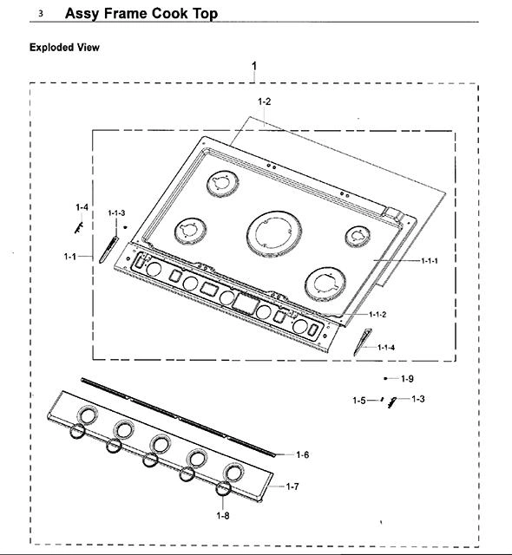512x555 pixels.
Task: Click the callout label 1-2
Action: (264, 101)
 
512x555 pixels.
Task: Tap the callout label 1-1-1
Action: (430, 261)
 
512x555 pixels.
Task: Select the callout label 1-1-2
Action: (377, 314)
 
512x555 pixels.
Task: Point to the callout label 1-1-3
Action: (116, 212)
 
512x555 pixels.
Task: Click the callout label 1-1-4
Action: (386, 347)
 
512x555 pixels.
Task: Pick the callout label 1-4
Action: (82, 207)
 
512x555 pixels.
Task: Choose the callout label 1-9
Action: (407, 379)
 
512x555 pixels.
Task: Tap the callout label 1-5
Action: (359, 401)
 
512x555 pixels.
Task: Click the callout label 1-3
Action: (418, 399)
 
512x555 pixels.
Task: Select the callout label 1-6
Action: (303, 454)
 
